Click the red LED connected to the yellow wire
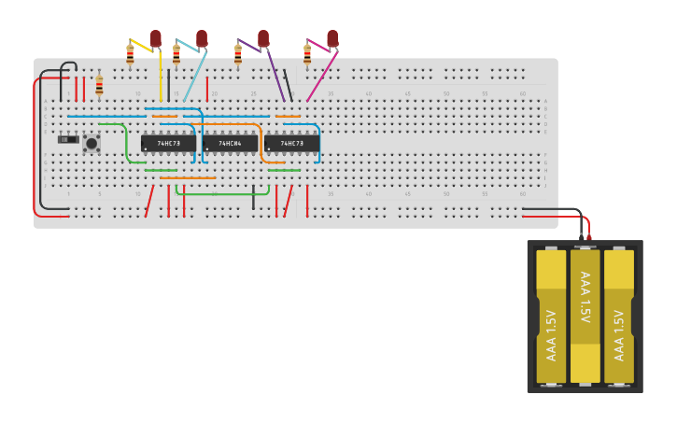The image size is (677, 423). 156,38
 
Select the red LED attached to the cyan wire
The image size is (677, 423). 201,38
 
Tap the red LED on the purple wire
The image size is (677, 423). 263,38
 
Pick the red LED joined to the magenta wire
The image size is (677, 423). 332,38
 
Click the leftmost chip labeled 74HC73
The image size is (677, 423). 168,143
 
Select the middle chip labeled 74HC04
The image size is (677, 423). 230,143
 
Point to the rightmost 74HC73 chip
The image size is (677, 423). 291,143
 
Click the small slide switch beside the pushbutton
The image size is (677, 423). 68,140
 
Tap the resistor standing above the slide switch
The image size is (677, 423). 99,86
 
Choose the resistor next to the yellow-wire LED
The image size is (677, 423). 130,56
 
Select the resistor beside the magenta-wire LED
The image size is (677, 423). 307,56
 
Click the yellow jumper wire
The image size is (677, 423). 161,75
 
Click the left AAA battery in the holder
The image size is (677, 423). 551,317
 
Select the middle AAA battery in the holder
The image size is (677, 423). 585,317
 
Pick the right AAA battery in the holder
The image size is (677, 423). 619,317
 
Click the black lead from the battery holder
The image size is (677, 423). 560,209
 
